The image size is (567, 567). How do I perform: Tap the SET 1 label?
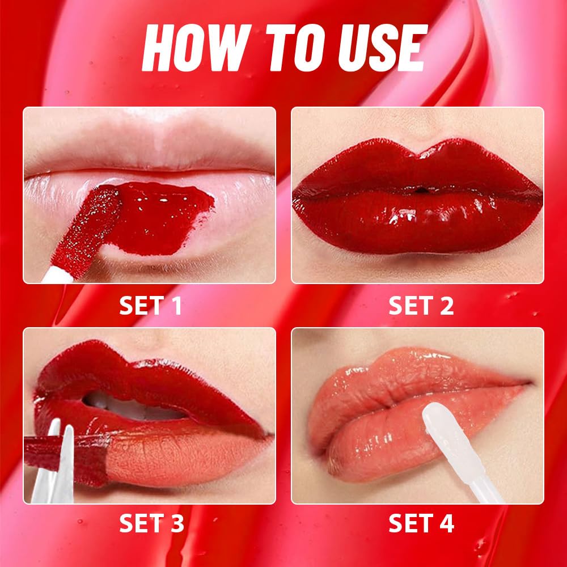[x=150, y=306]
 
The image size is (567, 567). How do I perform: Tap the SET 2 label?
[x=421, y=306]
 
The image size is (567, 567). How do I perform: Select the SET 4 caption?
[x=421, y=523]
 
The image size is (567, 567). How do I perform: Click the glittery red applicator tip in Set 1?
[x=96, y=227]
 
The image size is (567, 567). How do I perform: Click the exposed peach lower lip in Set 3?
[x=181, y=454]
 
